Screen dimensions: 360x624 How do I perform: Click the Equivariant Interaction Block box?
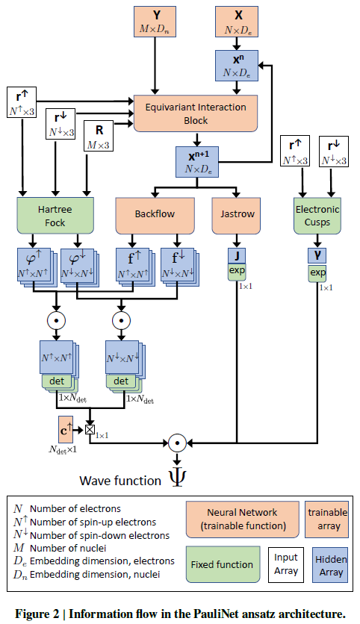coord(196,113)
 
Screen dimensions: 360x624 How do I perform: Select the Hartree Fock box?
coord(55,215)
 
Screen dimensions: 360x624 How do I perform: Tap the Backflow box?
coord(155,216)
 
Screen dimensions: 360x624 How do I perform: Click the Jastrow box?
coord(236,216)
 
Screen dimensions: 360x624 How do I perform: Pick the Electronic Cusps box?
coord(317,215)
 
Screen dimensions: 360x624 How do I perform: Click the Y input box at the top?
coord(155,22)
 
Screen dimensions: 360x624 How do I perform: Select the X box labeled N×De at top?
coord(237,22)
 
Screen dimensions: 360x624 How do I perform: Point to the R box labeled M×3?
coord(99,136)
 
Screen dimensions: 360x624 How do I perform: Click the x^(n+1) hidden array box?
coord(197,161)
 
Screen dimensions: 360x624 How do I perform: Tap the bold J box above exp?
coord(237,256)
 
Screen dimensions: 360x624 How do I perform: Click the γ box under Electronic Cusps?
coord(317,255)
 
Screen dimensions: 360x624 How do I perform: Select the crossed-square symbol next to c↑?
coord(90,429)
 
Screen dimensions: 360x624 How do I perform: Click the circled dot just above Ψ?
coord(177,443)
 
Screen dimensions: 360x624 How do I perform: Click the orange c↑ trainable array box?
coord(66,430)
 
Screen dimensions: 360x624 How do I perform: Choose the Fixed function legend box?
coord(223,564)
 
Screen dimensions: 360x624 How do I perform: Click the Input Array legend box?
coord(286,564)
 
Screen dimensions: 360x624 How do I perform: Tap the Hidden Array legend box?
coord(330,565)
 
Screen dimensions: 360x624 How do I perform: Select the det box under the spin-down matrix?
coord(121,381)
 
